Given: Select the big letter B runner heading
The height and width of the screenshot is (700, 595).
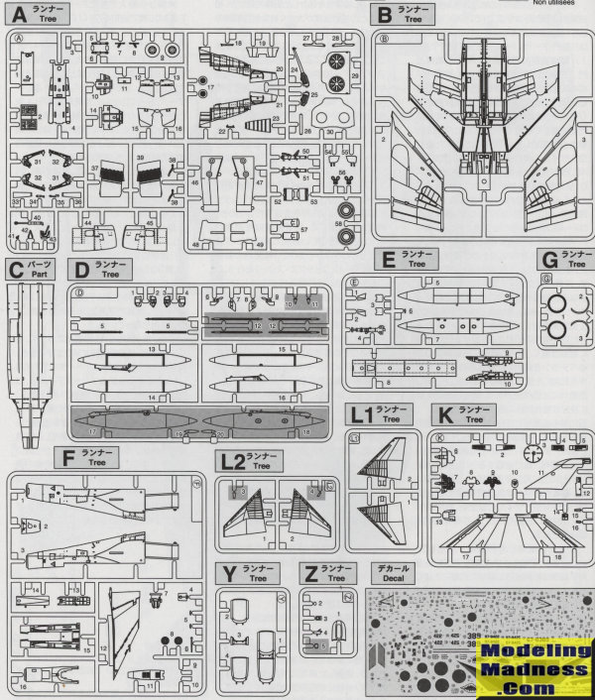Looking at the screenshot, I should click(x=384, y=14).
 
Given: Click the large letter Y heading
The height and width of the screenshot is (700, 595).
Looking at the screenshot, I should click(x=229, y=573).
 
